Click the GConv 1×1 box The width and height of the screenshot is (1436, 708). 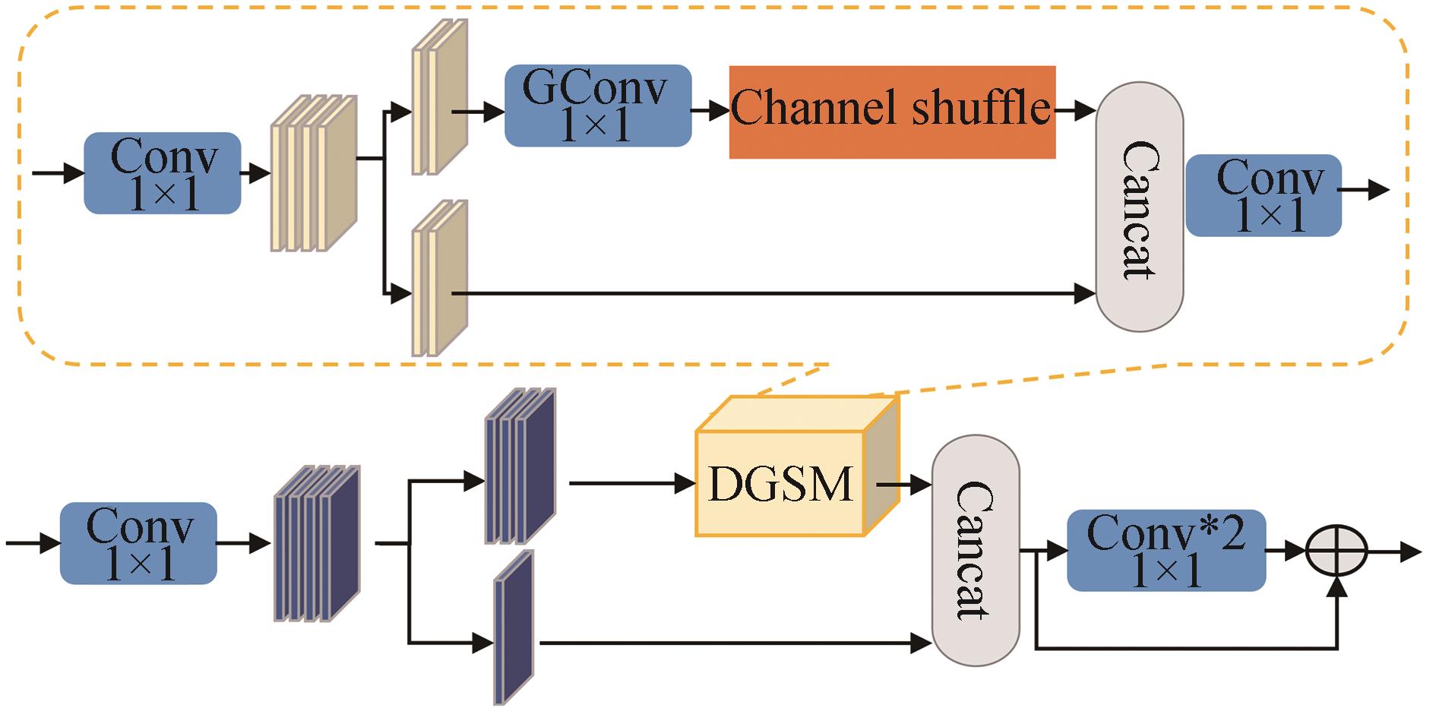(x=598, y=106)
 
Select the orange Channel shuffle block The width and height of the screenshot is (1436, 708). (x=892, y=112)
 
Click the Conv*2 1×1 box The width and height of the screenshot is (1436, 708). (x=1166, y=551)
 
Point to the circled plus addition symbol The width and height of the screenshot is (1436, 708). (x=1336, y=552)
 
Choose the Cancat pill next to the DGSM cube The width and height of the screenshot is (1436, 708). (x=975, y=550)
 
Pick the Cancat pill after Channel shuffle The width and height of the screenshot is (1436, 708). (x=1139, y=207)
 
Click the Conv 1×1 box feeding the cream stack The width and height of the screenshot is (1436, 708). (x=163, y=173)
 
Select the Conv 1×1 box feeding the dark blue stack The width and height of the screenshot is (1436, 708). (x=138, y=543)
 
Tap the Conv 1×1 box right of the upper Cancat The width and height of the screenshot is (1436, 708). (x=1264, y=195)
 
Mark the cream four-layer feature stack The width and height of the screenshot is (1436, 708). (x=313, y=173)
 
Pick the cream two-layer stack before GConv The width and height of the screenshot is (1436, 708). (x=439, y=97)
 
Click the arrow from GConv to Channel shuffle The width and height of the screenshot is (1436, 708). (x=710, y=111)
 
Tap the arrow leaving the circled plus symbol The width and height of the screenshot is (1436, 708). (x=1396, y=552)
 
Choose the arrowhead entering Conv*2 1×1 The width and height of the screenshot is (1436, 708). (x=1058, y=551)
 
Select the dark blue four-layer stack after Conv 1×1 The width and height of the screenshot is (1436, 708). (x=316, y=543)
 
